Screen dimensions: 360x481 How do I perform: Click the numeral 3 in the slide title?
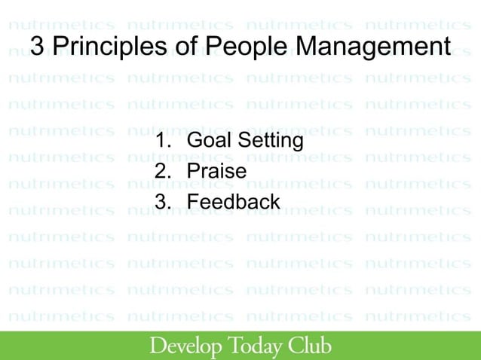click(x=38, y=47)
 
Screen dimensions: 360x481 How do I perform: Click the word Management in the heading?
click(x=372, y=47)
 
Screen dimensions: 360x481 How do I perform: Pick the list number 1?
click(x=159, y=141)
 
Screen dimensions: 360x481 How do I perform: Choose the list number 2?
click(x=160, y=172)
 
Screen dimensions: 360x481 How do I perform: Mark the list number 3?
click(x=160, y=202)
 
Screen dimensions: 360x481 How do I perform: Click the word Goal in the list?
click(x=210, y=141)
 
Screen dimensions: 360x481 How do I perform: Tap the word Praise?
click(x=216, y=172)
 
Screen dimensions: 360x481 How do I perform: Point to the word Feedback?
click(x=234, y=202)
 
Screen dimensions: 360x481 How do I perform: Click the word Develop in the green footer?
click(x=186, y=346)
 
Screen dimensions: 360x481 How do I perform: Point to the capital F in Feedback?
click(x=193, y=202)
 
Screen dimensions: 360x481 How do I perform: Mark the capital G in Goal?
click(x=195, y=141)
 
